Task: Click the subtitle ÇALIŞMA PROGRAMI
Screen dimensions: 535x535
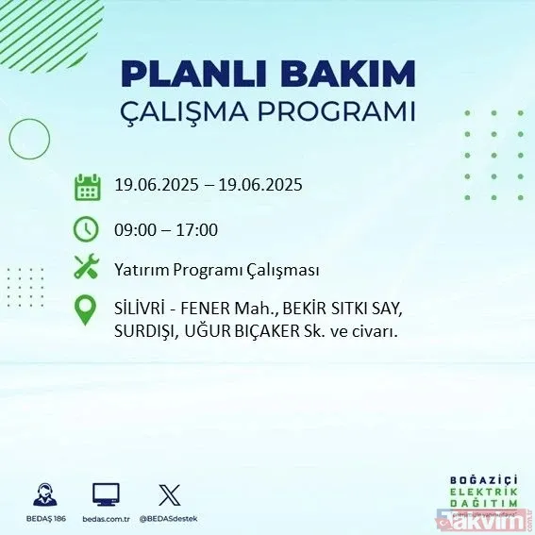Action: (267, 110)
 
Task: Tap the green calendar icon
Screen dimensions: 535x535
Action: (87, 186)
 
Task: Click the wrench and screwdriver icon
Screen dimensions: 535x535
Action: (87, 268)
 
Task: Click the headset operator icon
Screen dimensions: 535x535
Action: (43, 493)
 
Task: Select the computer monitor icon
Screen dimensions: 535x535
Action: (106, 493)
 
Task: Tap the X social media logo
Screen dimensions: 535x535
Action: (168, 493)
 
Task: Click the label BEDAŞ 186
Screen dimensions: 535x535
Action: (43, 518)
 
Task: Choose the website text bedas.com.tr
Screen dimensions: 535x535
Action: (106, 518)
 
